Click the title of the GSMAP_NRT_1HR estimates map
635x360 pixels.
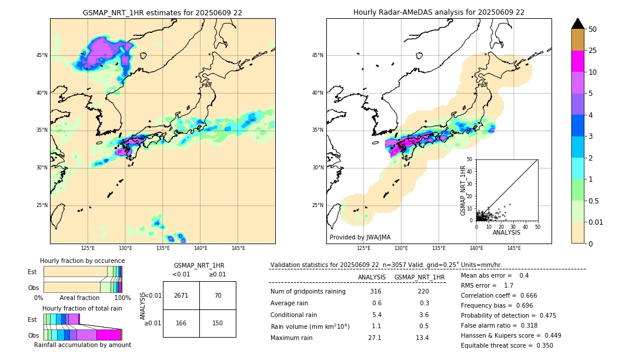(x=162, y=12)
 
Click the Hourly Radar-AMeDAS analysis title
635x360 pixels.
(x=439, y=12)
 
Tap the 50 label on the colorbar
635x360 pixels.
(x=593, y=29)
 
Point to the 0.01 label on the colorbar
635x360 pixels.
(x=596, y=222)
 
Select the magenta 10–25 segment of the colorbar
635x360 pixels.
(x=578, y=61)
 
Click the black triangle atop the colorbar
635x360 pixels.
(x=578, y=24)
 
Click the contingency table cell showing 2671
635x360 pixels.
(x=181, y=295)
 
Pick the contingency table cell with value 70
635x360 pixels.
(x=218, y=295)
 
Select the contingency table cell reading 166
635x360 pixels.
(x=181, y=323)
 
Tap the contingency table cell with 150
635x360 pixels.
(x=218, y=323)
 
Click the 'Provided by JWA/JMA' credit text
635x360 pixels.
(x=360, y=237)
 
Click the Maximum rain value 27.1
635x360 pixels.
(x=375, y=338)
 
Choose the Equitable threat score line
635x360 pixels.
(x=507, y=345)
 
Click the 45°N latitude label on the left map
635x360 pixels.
(x=42, y=55)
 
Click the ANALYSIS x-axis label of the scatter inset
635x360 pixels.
(x=506, y=232)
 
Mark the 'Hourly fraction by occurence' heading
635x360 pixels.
(x=82, y=261)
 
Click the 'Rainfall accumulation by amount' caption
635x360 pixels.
(x=82, y=345)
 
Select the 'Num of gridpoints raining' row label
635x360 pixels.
(x=308, y=292)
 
